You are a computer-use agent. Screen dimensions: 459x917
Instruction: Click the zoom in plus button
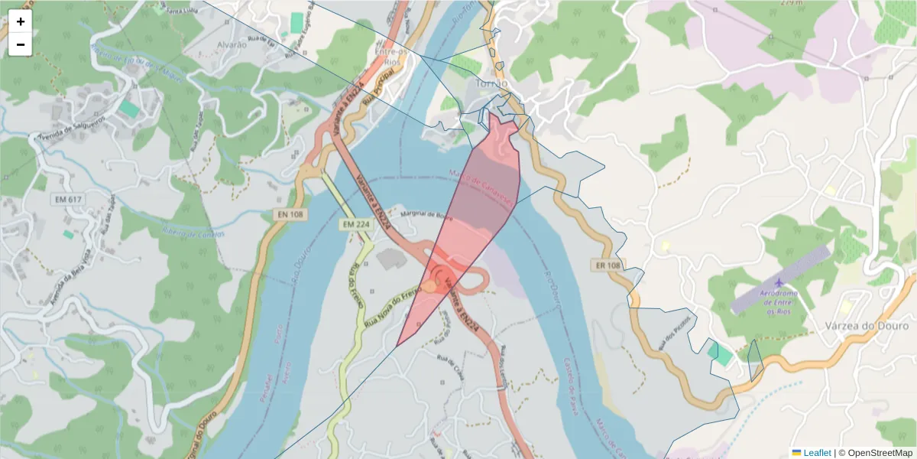(21, 21)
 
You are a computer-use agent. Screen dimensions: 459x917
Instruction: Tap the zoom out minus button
(21, 44)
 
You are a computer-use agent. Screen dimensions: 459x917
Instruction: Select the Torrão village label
(491, 83)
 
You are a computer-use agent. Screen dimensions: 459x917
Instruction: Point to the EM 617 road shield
(68, 199)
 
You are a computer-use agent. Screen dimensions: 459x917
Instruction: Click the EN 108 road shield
(288, 215)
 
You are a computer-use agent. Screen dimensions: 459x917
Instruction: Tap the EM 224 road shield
(356, 224)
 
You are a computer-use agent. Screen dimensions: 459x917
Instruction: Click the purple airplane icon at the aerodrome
(779, 284)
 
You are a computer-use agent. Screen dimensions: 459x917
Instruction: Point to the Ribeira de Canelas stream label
(193, 233)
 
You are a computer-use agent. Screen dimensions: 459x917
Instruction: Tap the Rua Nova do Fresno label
(395, 304)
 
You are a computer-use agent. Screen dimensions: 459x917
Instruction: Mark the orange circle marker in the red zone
(429, 286)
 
